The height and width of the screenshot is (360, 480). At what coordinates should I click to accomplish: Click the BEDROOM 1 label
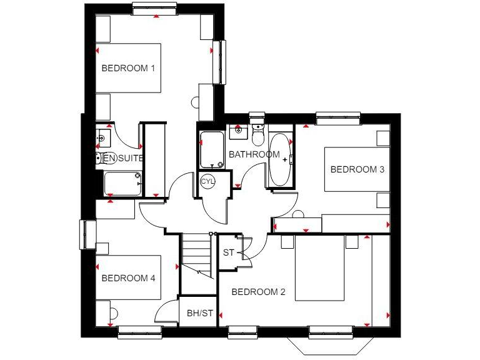pyautogui.click(x=128, y=68)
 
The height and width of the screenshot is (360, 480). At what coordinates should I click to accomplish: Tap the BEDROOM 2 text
pyautogui.click(x=259, y=292)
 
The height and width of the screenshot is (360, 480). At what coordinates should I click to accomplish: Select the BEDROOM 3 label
pyautogui.click(x=357, y=169)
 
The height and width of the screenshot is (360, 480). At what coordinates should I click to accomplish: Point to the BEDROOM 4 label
pyautogui.click(x=128, y=278)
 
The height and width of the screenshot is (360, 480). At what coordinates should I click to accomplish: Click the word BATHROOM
pyautogui.click(x=254, y=154)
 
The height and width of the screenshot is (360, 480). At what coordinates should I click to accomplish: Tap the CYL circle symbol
pyautogui.click(x=207, y=181)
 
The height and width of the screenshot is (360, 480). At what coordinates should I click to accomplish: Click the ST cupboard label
pyautogui.click(x=229, y=253)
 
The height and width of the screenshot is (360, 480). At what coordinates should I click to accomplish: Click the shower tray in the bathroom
pyautogui.click(x=212, y=150)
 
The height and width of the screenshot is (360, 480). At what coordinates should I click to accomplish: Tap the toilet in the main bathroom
pyautogui.click(x=257, y=135)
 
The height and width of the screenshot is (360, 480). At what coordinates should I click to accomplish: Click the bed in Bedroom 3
pyautogui.click(x=352, y=169)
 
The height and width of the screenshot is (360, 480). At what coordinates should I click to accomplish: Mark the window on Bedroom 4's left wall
pyautogui.click(x=86, y=234)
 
